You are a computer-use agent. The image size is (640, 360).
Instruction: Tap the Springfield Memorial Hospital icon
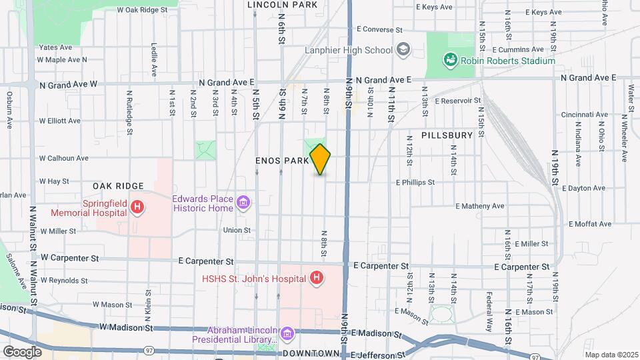tap(137, 207)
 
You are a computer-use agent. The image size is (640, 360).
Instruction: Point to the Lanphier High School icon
tap(403, 50)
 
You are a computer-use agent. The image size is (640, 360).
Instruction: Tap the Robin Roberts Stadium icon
tap(451, 61)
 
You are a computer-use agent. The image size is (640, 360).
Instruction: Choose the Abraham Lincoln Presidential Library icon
tap(287, 333)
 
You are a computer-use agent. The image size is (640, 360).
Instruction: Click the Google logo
tap(22, 351)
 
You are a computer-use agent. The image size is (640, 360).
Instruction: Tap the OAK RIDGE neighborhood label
tap(119, 186)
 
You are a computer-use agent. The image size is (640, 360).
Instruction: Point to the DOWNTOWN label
tap(311, 353)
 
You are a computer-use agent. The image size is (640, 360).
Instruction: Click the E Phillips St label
tap(415, 181)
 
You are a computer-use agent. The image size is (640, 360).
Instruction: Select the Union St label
tap(237, 231)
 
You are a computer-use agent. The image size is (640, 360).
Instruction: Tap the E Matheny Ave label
tap(479, 206)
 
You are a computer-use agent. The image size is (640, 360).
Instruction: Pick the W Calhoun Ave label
tap(63, 159)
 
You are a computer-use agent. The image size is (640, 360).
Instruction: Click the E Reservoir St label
tap(457, 101)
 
